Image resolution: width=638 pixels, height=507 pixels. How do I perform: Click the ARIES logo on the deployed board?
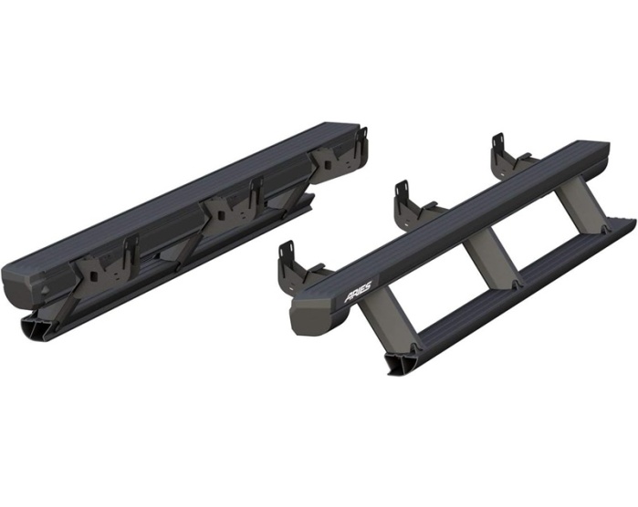click(358, 293)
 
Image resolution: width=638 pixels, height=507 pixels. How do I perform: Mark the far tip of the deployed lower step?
click(633, 222)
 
